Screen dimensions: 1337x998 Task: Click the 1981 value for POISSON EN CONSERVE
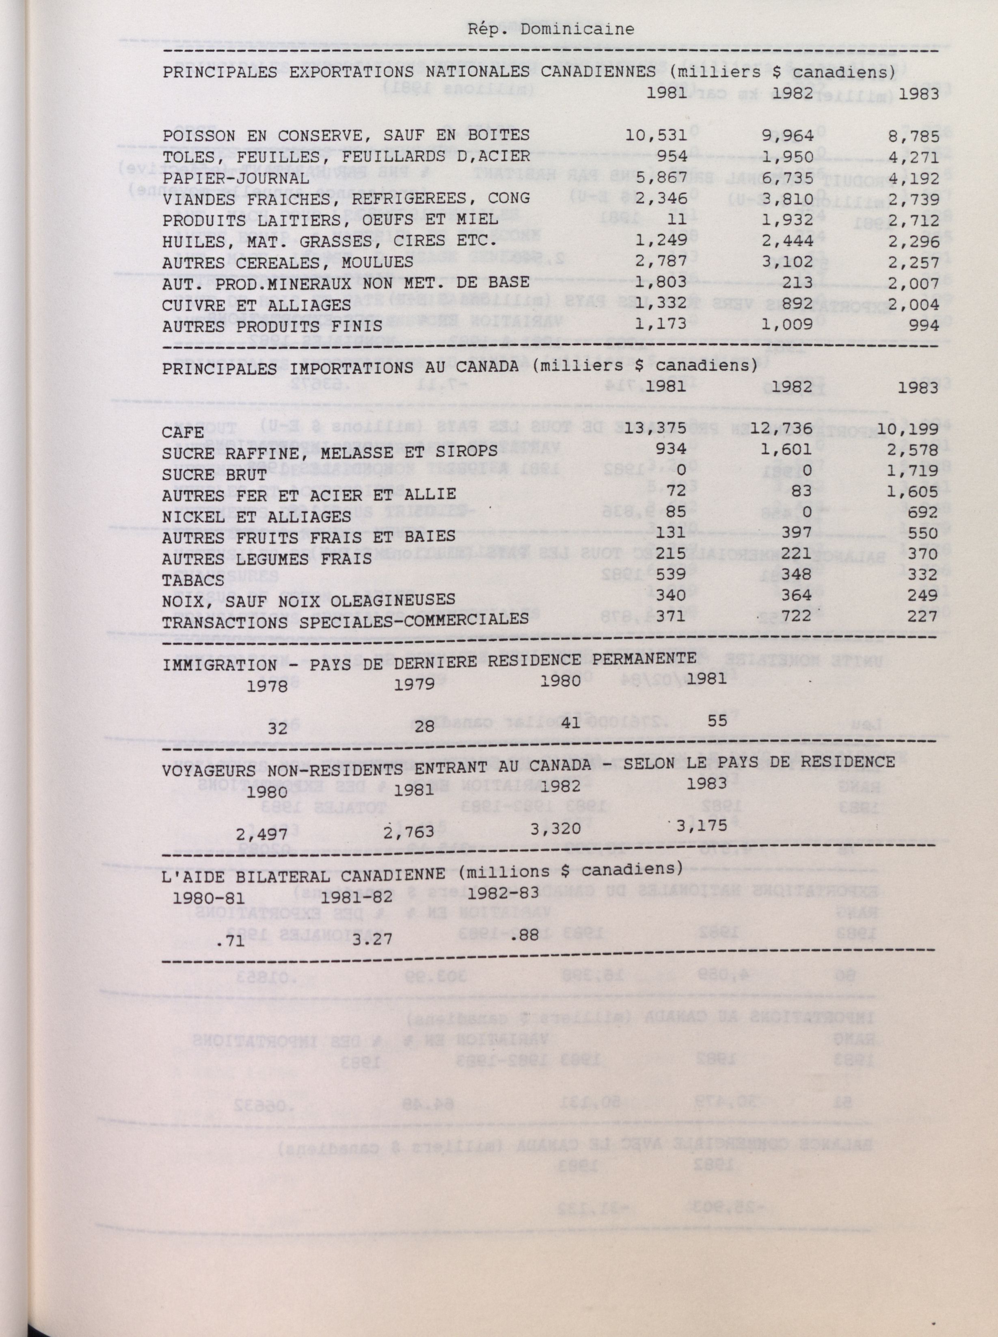point(656,135)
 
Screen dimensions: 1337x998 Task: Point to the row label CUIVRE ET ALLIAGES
point(256,305)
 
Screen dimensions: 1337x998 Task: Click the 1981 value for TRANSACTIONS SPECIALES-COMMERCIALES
point(671,617)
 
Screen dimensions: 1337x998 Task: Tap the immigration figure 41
point(570,724)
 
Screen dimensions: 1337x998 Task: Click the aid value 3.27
point(372,940)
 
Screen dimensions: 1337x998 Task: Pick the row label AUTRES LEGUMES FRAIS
point(266,559)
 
